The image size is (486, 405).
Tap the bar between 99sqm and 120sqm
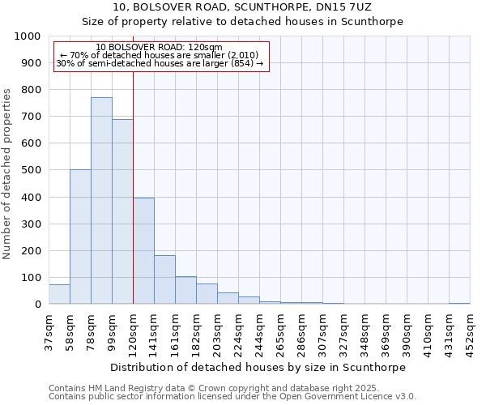click(x=122, y=211)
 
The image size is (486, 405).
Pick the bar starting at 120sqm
click(x=143, y=251)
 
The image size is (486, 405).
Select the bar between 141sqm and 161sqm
click(x=164, y=280)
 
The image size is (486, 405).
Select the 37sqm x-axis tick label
click(x=49, y=332)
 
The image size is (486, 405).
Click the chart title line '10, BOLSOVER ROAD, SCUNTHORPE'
click(x=243, y=7)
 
